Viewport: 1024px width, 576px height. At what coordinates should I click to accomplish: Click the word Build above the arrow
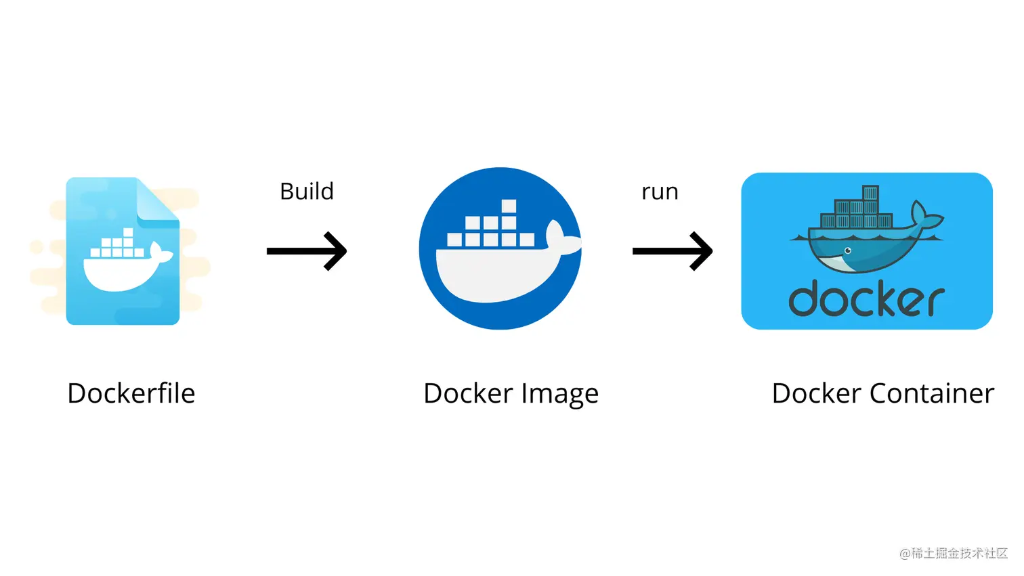pyautogui.click(x=307, y=192)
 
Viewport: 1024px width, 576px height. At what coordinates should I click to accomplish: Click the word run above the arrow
pyautogui.click(x=660, y=192)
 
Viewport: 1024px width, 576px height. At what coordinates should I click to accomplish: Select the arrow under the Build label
pyautogui.click(x=307, y=251)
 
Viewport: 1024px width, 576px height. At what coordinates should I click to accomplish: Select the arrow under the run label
pyautogui.click(x=673, y=251)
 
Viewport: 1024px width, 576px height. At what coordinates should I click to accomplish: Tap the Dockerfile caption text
pyautogui.click(x=131, y=393)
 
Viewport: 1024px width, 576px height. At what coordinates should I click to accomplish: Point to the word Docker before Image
pyautogui.click(x=468, y=393)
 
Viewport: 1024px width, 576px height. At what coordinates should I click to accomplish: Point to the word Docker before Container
pyautogui.click(x=816, y=393)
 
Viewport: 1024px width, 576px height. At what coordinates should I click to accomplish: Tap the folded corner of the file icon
pyautogui.click(x=156, y=201)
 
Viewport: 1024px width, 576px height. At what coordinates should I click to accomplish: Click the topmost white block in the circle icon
pyautogui.click(x=509, y=206)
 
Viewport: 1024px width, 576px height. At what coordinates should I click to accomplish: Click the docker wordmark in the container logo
pyautogui.click(x=866, y=300)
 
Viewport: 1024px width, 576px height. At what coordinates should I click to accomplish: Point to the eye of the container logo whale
pyautogui.click(x=847, y=251)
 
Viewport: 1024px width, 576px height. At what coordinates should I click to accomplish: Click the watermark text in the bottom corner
pyautogui.click(x=954, y=554)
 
